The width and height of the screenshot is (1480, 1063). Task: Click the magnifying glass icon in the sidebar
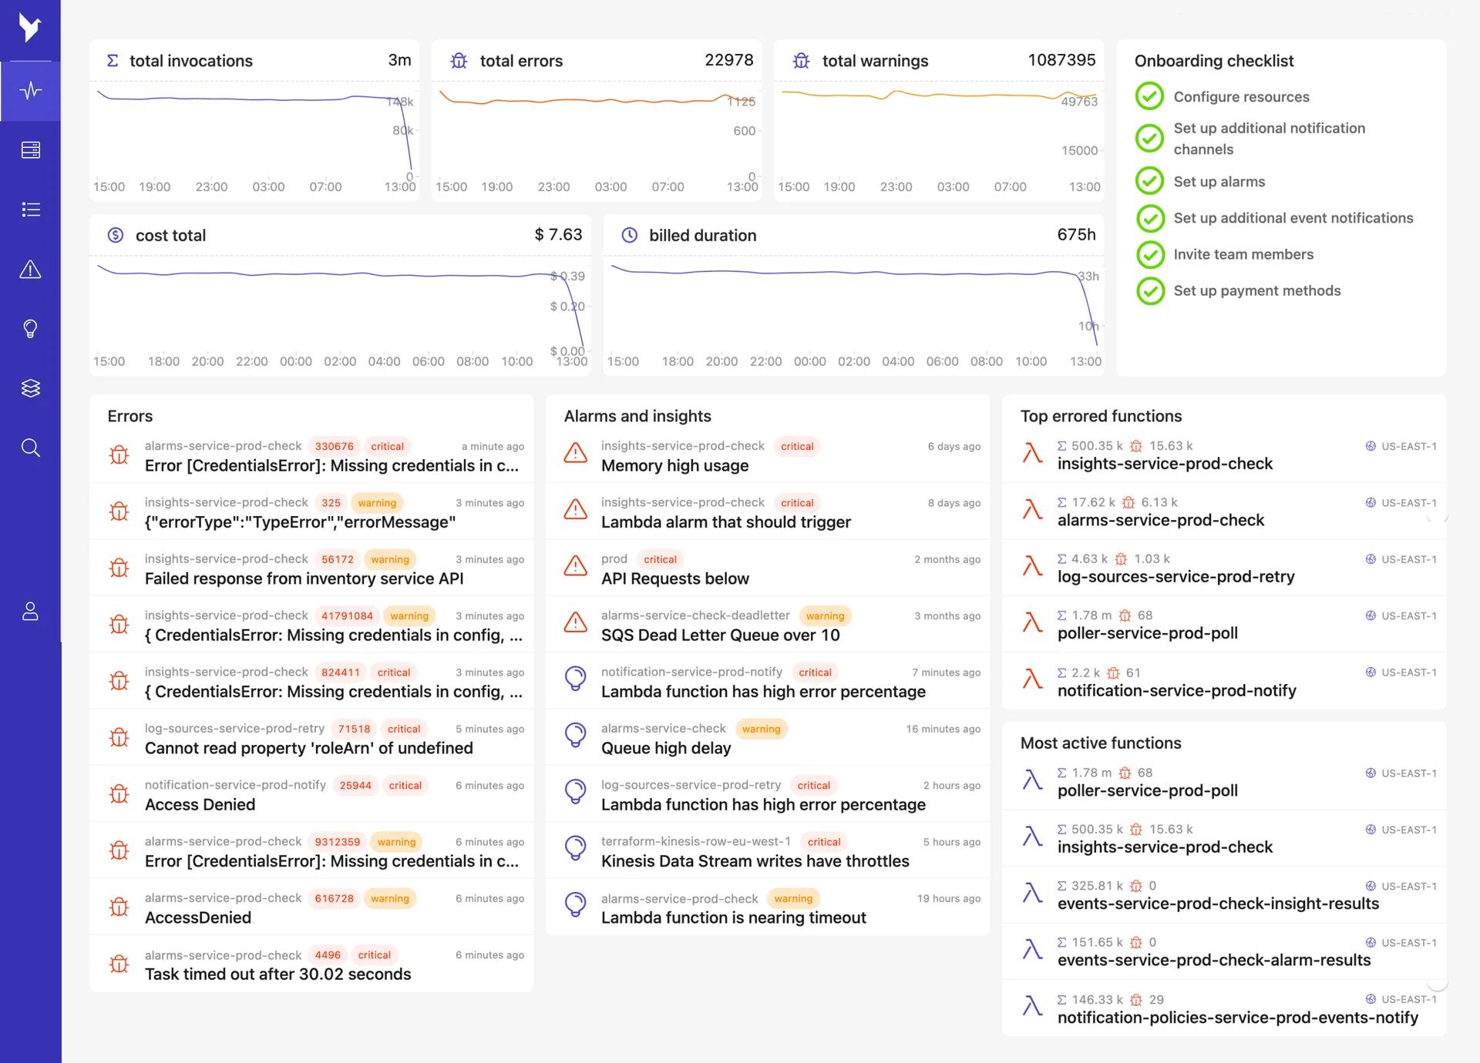tap(30, 448)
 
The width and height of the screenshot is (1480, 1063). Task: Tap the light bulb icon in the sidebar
tap(30, 329)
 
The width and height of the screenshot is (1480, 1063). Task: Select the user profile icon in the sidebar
tap(30, 612)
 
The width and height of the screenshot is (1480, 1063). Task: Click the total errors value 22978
tap(728, 60)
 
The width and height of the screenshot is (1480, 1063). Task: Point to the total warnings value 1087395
tap(1061, 60)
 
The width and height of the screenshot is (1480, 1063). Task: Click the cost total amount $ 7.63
tap(558, 235)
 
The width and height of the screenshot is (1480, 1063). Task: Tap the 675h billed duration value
tap(1076, 235)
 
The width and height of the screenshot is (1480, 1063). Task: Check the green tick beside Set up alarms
tap(1149, 182)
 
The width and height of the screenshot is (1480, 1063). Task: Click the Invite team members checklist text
tap(1243, 254)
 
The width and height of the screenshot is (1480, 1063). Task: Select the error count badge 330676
tap(334, 447)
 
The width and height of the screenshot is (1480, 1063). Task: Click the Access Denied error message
tap(200, 805)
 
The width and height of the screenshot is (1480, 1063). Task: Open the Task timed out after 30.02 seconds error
tap(277, 974)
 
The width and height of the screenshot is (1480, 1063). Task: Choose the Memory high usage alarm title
tap(674, 466)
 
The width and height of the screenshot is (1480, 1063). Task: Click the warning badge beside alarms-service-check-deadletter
tap(825, 616)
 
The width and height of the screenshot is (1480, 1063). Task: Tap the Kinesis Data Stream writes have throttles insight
tap(755, 861)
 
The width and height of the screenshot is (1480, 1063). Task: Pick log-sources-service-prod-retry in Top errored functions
tap(1176, 577)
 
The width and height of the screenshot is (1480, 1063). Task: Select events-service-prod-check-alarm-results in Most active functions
tap(1213, 961)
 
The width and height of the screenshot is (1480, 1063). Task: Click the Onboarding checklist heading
tap(1213, 61)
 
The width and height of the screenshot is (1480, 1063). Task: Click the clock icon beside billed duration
tap(630, 236)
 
